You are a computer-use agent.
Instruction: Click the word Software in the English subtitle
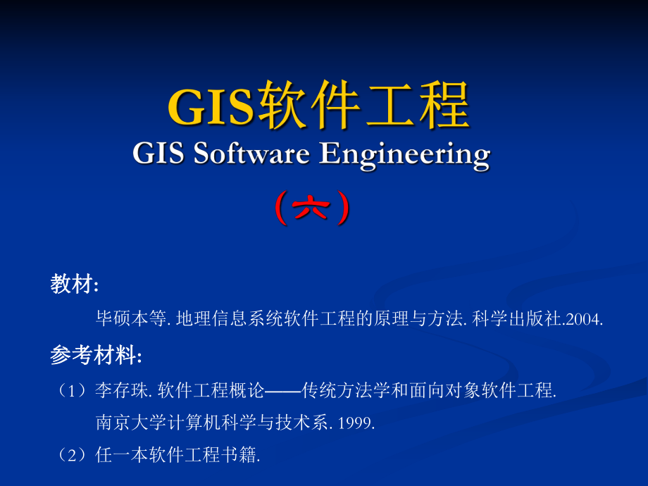click(250, 153)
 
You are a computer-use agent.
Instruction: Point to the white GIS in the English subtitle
click(158, 153)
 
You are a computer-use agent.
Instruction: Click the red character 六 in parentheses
click(311, 209)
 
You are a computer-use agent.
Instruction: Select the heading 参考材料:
click(96, 356)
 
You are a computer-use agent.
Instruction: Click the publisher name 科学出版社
click(514, 319)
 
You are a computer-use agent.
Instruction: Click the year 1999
click(356, 423)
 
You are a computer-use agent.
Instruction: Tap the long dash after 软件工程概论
click(282, 390)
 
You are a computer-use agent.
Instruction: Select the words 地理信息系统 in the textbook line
click(225, 319)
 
